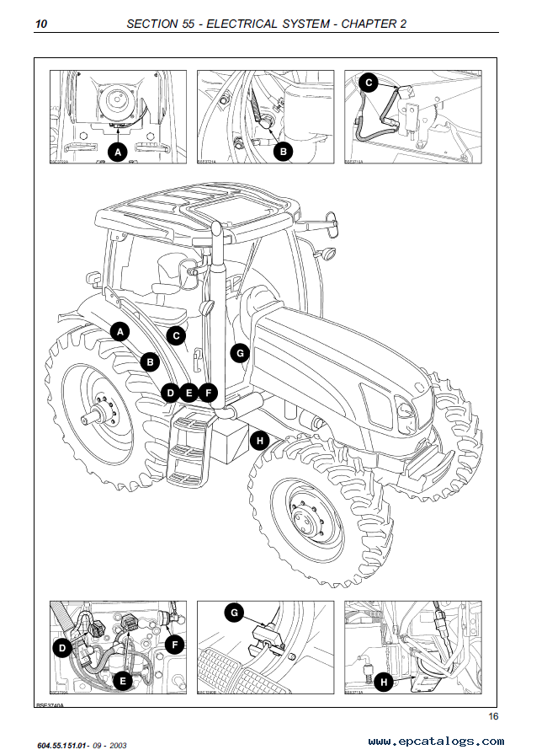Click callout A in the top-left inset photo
(119, 152)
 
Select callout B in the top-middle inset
(284, 152)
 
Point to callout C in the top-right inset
(367, 82)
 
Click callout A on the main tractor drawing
(121, 332)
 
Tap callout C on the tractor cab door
(176, 335)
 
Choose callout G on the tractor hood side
(240, 353)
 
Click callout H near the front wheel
(260, 439)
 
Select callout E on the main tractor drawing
(189, 392)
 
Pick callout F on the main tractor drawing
(207, 392)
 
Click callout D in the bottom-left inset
(61, 648)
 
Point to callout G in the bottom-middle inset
(235, 613)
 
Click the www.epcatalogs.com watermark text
(436, 742)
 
